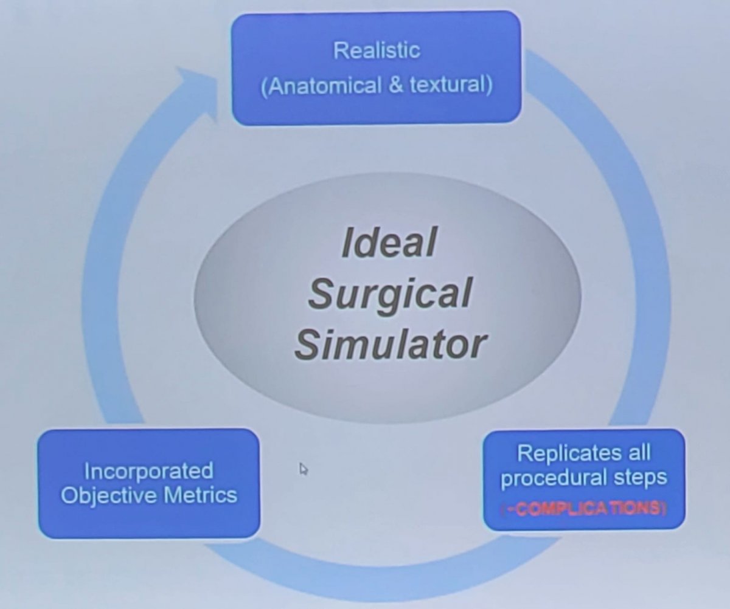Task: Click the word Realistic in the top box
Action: pyautogui.click(x=377, y=50)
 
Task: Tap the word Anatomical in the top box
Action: pyautogui.click(x=320, y=86)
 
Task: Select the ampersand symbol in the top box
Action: pyautogui.click(x=395, y=86)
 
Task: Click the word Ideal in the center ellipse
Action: pyautogui.click(x=389, y=242)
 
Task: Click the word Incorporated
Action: pyautogui.click(x=149, y=472)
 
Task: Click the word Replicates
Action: pyautogui.click(x=569, y=454)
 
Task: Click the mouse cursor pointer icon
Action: pyautogui.click(x=304, y=469)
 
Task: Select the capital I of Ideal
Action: pyautogui.click(x=347, y=242)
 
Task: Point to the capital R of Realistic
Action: pyautogui.click(x=340, y=51)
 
